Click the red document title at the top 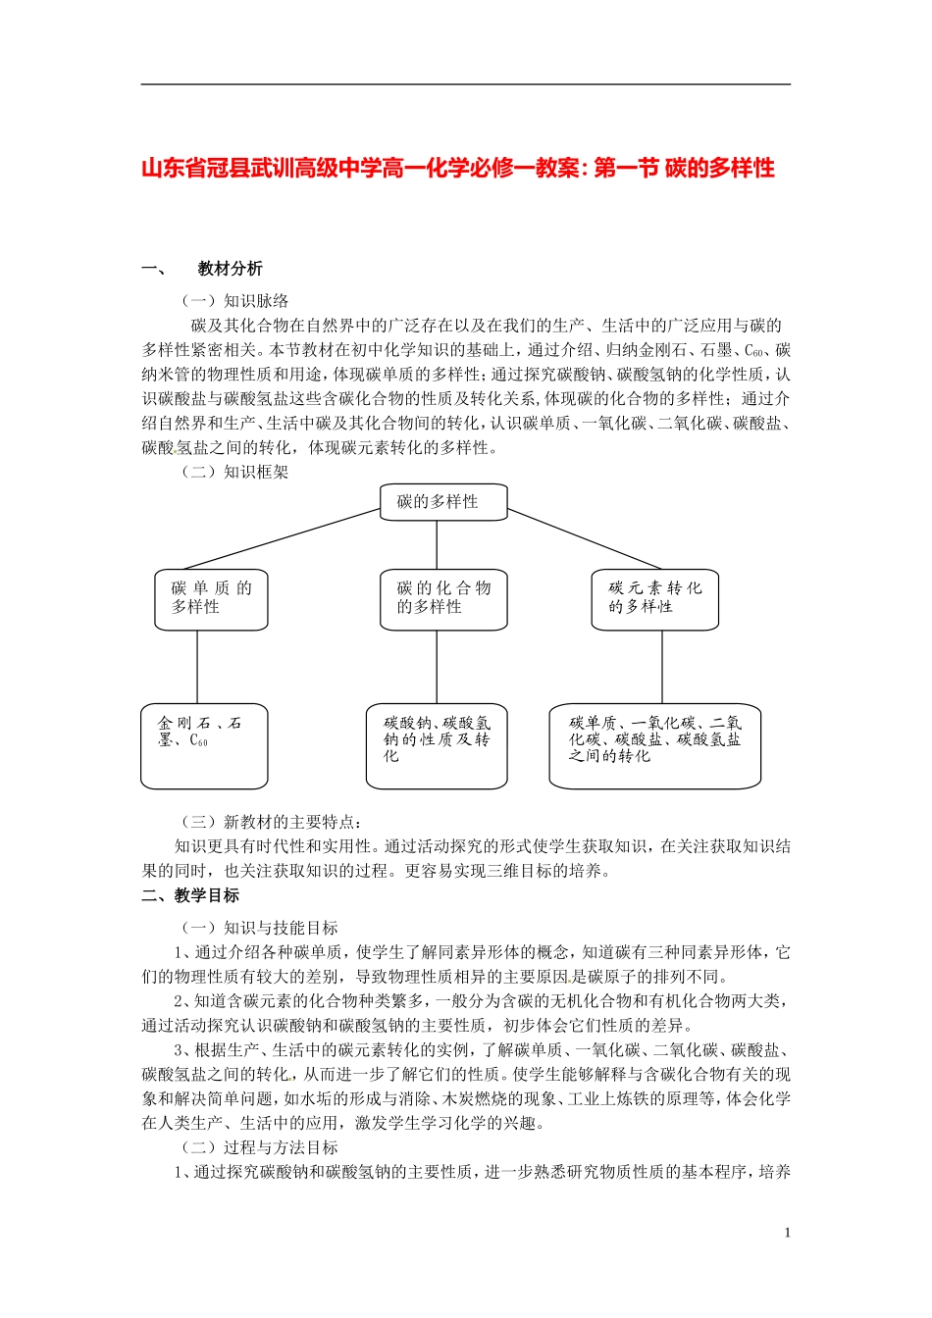pos(458,169)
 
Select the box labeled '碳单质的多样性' pos(211,598)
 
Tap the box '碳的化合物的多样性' pos(443,598)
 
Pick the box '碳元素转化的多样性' pos(654,598)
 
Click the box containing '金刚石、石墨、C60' pos(204,745)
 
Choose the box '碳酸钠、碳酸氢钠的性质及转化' pos(437,745)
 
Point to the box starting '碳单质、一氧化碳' pos(654,745)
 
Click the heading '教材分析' pos(230,269)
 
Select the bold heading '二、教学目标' pos(190,895)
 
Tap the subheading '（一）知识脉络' pos(235,301)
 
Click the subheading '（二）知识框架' pos(235,472)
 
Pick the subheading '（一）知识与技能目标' pos(260,928)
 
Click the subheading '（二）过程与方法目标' pos(260,1147)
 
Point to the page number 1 pos(787,1233)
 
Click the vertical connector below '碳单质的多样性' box pos(197,667)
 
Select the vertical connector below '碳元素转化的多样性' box pos(662,667)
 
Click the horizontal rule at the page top pos(465,84)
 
